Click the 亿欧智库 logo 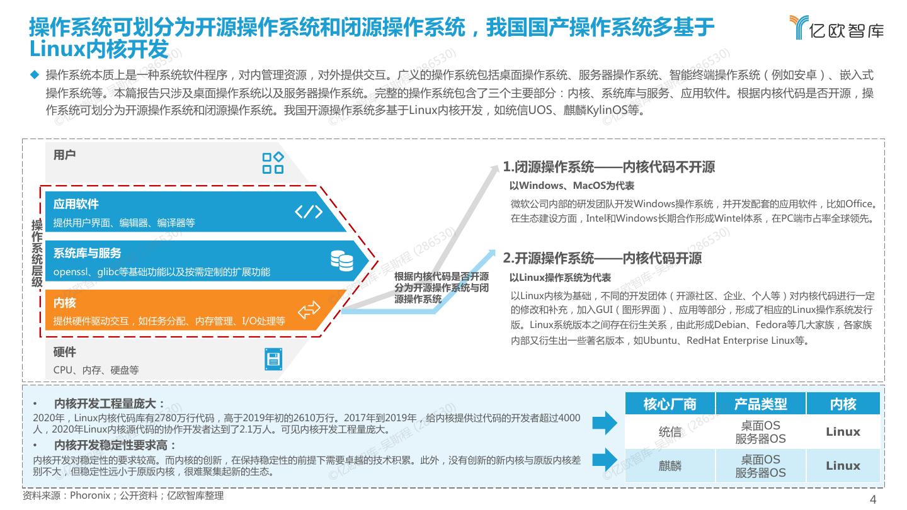[836, 28]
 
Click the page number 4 [873, 500]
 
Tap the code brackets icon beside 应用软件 [309, 212]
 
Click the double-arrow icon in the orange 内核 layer [309, 310]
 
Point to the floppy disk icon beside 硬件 [273, 360]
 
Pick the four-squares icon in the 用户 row [273, 162]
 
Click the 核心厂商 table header [670, 404]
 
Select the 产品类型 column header [760, 404]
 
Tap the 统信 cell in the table [670, 432]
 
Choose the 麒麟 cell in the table [670, 466]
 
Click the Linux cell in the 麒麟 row [843, 466]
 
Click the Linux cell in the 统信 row [843, 432]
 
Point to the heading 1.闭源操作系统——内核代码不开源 [608, 167]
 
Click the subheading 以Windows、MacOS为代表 [571, 186]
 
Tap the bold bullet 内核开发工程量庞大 [109, 404]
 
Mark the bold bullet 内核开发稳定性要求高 [115, 446]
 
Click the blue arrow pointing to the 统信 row [605, 423]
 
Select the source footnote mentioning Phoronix [123, 496]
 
